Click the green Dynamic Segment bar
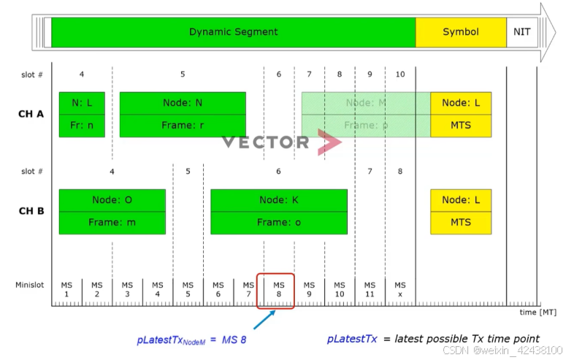coord(233,32)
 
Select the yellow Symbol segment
coord(461,32)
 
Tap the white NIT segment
coord(521,32)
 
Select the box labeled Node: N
coord(183,103)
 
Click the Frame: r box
coord(183,126)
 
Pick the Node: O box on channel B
coord(112,200)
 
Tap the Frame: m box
coord(112,223)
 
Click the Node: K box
coord(279,200)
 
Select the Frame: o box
coord(279,223)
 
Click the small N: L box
coord(82,103)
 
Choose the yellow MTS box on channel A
coord(461,126)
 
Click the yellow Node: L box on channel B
coord(461,200)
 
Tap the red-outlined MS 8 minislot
coord(275,290)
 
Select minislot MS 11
coord(370,289)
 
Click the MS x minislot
coord(400,289)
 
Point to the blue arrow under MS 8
coord(264,319)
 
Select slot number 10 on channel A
coord(400,74)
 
